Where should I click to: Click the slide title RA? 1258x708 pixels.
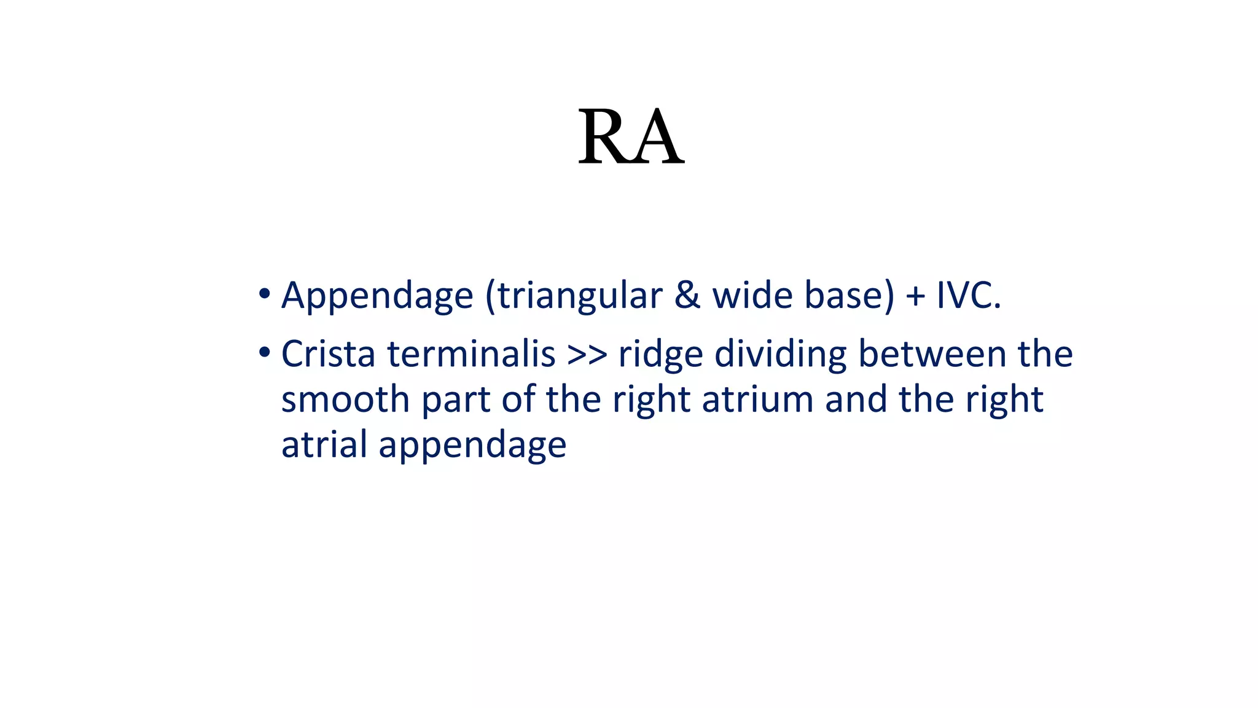(x=631, y=138)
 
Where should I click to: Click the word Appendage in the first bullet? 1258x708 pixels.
(x=377, y=296)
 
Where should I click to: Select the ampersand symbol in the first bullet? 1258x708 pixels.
(x=687, y=296)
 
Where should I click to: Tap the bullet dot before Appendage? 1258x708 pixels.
(x=264, y=293)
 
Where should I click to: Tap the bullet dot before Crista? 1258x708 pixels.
(x=264, y=353)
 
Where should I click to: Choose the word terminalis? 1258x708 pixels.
(x=471, y=355)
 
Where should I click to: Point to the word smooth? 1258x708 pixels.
(x=346, y=399)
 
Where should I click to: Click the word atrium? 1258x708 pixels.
(x=757, y=399)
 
